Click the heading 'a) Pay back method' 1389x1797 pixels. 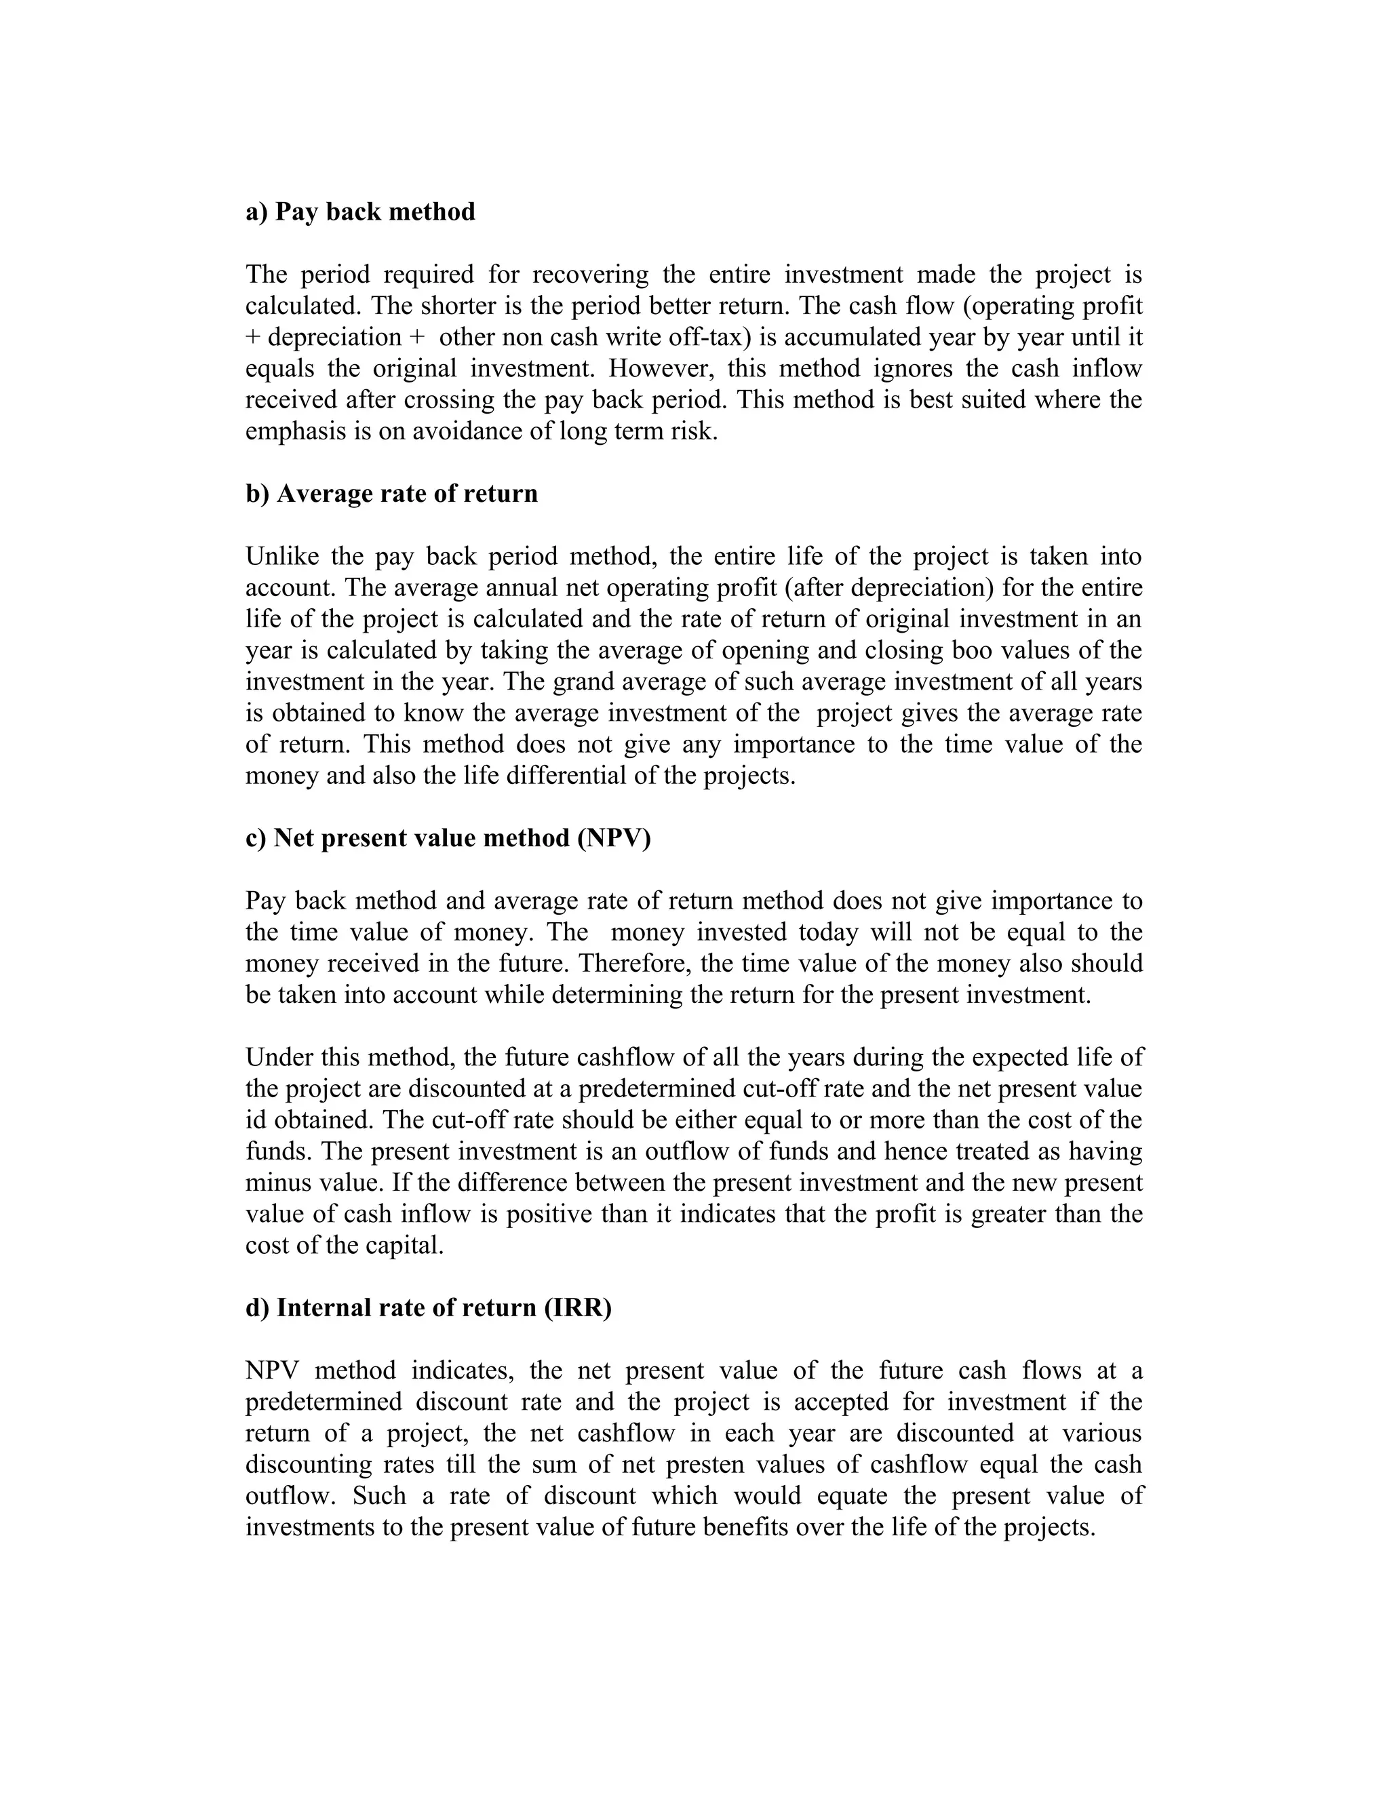359,212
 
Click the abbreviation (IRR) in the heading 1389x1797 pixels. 578,1307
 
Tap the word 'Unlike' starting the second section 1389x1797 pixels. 281,557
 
